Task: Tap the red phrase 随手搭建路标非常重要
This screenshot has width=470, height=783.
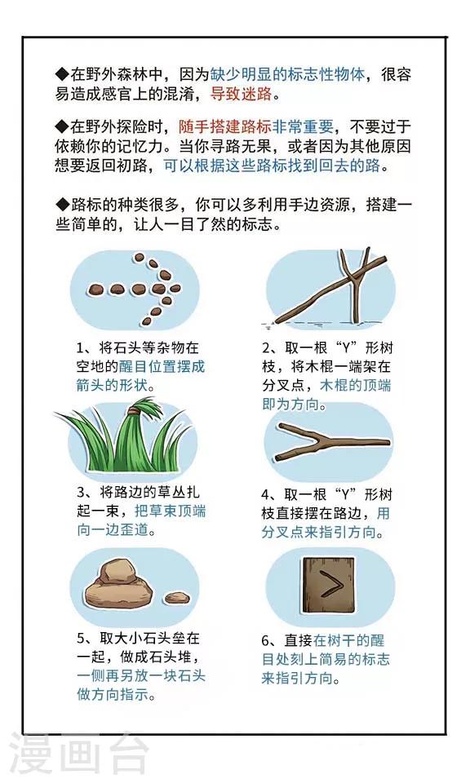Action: pos(256,127)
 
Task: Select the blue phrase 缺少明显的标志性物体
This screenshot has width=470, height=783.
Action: pos(287,74)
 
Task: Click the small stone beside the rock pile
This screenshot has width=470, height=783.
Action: pos(177,597)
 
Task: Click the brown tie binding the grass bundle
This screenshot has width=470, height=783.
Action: pos(135,411)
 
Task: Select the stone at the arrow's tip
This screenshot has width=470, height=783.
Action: pos(175,288)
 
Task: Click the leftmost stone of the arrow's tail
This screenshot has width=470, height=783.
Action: pos(95,289)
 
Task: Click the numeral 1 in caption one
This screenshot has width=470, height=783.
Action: pos(80,348)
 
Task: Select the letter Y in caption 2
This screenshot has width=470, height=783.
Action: pos(344,348)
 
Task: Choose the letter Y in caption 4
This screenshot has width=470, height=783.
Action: pos(344,495)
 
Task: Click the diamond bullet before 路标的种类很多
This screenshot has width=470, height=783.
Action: pos(61,205)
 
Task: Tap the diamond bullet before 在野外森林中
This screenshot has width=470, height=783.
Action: pos(61,74)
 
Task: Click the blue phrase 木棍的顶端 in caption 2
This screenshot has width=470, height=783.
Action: pos(355,386)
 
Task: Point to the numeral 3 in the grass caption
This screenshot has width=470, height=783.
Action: pos(81,493)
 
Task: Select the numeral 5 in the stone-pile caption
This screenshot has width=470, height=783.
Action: pos(81,639)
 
